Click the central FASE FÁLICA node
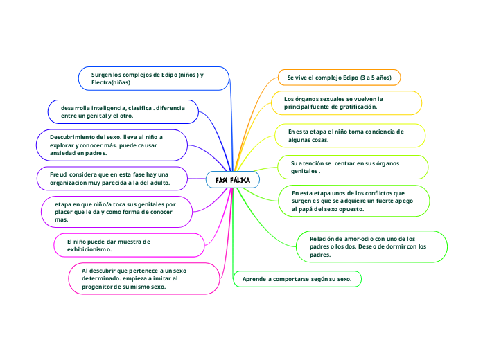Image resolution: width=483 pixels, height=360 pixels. (x=233, y=180)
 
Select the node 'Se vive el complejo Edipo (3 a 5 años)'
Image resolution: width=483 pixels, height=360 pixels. (x=339, y=78)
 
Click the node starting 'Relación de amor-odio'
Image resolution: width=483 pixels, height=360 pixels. (x=371, y=246)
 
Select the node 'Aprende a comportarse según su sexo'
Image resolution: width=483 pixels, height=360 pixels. (x=297, y=279)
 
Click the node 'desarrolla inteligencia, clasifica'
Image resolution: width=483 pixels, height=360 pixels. (x=123, y=112)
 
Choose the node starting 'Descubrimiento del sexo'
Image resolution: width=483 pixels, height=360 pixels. (x=112, y=145)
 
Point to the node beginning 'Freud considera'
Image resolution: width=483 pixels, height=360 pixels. (x=112, y=178)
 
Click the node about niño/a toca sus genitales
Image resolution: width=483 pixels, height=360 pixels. (x=116, y=212)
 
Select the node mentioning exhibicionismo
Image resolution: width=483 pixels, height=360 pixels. (x=111, y=245)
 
